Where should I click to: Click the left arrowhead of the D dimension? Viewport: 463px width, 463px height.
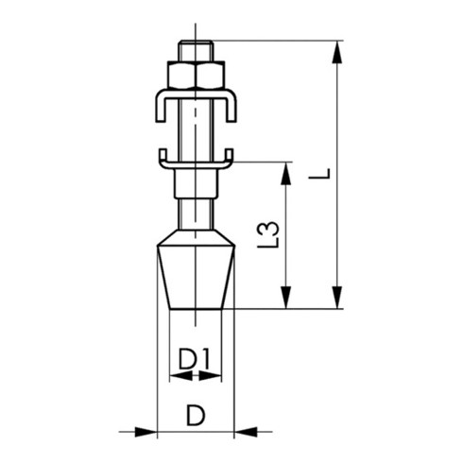point(146,432)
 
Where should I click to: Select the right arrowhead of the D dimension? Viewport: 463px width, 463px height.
point(244,432)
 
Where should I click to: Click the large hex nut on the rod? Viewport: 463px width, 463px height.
point(195,74)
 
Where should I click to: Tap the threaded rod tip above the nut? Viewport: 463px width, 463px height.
point(195,49)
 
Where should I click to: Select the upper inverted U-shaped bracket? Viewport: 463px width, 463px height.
point(195,95)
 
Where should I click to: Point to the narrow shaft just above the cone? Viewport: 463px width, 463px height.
point(195,213)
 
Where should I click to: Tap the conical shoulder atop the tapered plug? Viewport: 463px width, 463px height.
point(195,236)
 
